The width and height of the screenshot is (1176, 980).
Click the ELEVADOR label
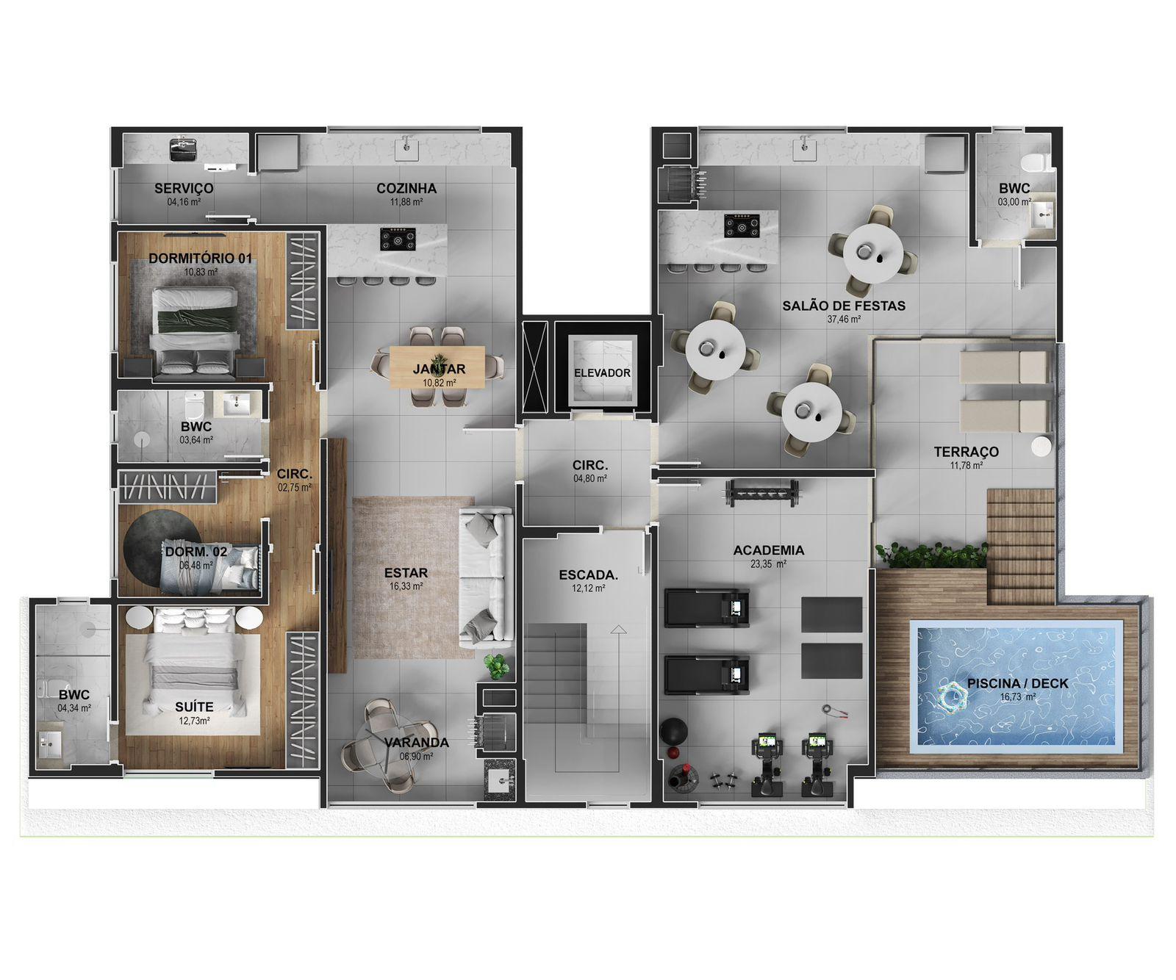[x=602, y=372]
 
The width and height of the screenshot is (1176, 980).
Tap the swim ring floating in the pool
[x=953, y=696]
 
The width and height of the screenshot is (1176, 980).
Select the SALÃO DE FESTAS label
[x=844, y=306]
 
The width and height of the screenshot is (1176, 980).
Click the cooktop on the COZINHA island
[x=398, y=239]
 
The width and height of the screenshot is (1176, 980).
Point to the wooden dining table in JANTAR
[x=437, y=367]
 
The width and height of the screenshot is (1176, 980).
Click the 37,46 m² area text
[x=844, y=320]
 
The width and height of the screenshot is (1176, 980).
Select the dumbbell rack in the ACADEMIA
[x=761, y=493]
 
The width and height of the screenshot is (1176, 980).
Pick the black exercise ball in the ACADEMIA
[x=673, y=732]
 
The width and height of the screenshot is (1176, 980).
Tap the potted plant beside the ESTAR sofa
[x=498, y=666]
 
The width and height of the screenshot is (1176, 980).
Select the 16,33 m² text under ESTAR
[x=406, y=586]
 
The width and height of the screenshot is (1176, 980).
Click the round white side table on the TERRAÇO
[x=1041, y=446]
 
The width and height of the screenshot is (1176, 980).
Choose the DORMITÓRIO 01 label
[x=201, y=259]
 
